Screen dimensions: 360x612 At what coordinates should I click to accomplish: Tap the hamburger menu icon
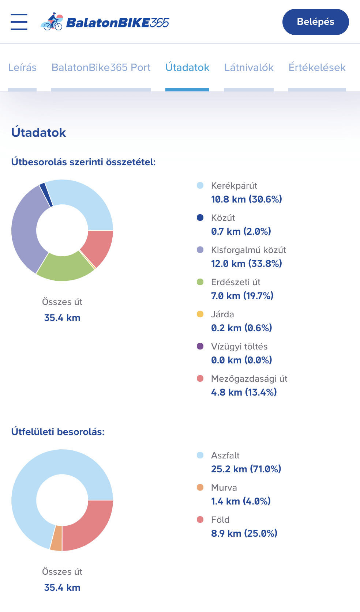click(x=19, y=22)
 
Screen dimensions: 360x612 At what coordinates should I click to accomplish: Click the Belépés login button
click(x=315, y=22)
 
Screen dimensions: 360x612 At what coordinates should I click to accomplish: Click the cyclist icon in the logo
click(x=52, y=22)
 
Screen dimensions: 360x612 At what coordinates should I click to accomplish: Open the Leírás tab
click(x=22, y=68)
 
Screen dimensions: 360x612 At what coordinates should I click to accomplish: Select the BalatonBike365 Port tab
click(x=101, y=68)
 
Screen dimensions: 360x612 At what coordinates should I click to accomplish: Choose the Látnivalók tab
click(x=249, y=68)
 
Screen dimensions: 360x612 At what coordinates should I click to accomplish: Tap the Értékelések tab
click(x=317, y=68)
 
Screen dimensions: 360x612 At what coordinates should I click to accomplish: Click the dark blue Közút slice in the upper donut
click(x=46, y=194)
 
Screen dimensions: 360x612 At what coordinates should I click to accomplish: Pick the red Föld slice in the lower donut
click(x=87, y=525)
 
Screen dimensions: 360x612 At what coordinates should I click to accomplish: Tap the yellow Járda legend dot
click(x=200, y=314)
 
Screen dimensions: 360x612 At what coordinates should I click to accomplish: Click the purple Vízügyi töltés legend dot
click(x=200, y=346)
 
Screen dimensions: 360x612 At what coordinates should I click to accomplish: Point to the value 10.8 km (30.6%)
click(x=246, y=199)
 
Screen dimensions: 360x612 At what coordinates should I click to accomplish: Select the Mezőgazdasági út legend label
click(x=249, y=379)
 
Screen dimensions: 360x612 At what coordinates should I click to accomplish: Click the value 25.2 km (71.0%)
click(x=246, y=469)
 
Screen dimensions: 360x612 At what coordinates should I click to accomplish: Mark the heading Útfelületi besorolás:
click(x=58, y=432)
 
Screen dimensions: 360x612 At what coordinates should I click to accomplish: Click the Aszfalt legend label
click(x=225, y=456)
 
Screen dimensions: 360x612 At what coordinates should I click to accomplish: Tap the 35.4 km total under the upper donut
click(x=62, y=318)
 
